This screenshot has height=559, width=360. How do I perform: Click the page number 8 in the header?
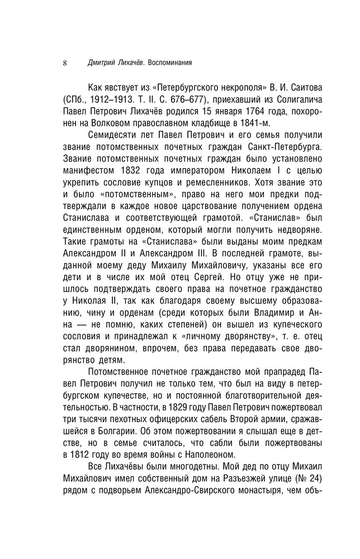pos(65,63)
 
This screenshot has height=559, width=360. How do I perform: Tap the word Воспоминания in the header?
pos(168,63)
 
